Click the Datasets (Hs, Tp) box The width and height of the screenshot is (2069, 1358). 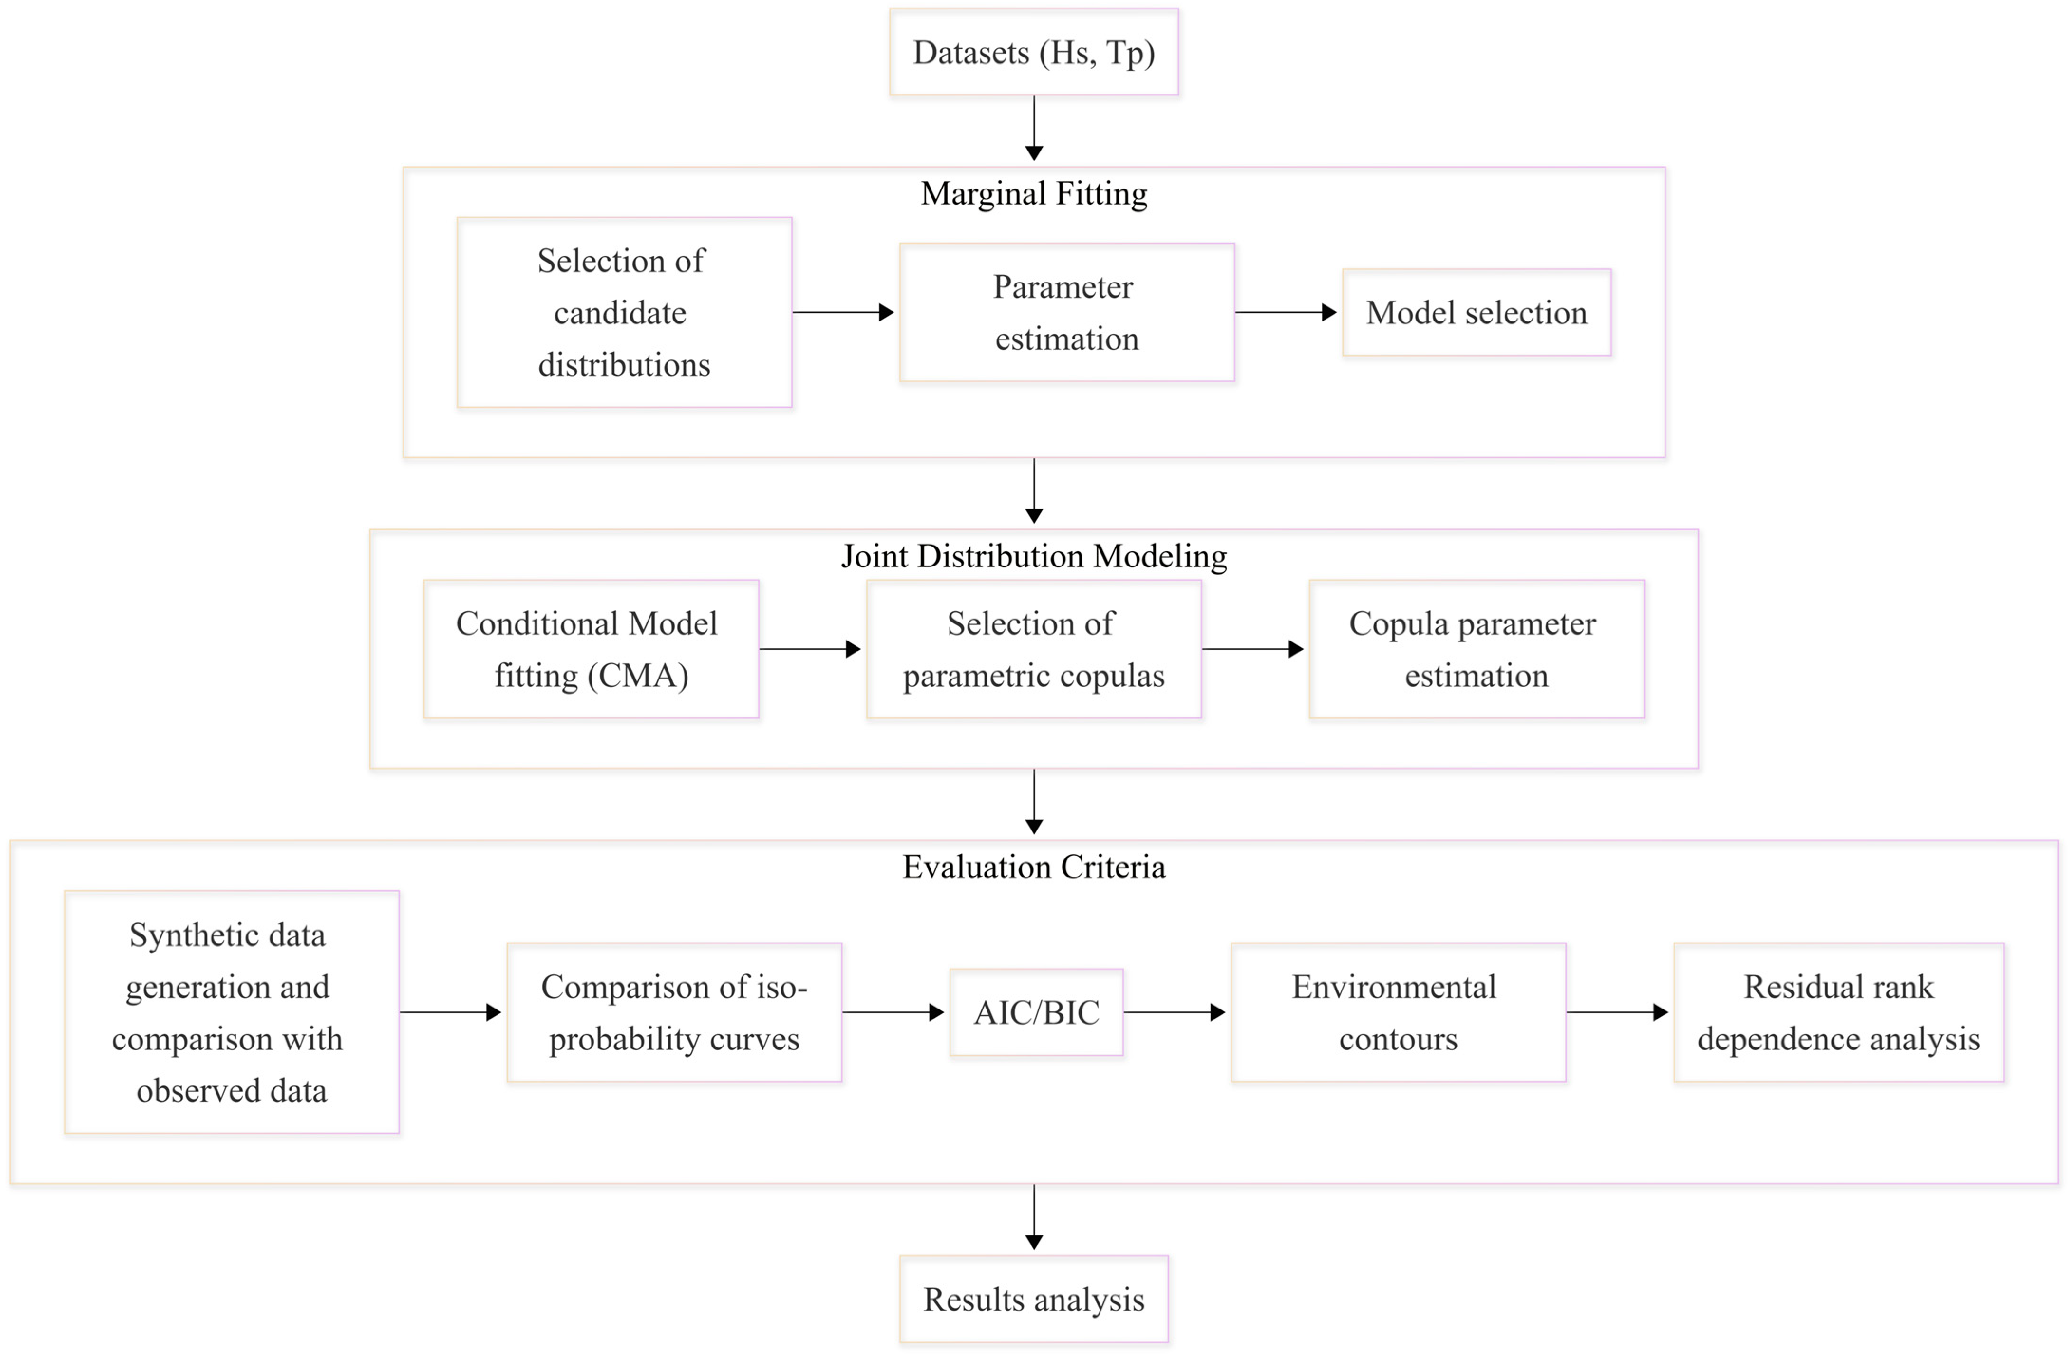pos(1034,52)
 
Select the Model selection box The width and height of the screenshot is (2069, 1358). pos(1476,312)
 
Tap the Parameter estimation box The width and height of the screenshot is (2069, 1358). pos(1067,312)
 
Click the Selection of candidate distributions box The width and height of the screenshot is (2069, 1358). pos(624,312)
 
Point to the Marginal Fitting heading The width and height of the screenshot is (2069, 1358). pos(1034,193)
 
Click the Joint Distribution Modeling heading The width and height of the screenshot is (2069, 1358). pos(1034,556)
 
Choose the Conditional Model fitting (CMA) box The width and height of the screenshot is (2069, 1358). pos(591,649)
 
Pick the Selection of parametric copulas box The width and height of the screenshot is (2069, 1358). pos(1034,649)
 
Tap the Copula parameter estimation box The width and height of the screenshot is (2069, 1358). pos(1476,649)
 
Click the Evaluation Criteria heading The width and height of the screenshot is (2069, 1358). pos(1034,867)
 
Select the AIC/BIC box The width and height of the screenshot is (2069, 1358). pos(1036,1012)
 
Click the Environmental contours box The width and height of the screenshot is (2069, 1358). pos(1398,1012)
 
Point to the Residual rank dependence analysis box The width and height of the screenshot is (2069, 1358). pos(1839,1012)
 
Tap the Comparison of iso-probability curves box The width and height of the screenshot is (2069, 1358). pos(675,1012)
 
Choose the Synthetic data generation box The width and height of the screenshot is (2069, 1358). pos(231,1012)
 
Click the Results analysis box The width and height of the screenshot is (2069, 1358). pos(1034,1299)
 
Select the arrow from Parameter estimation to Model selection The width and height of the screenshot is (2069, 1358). pos(1286,312)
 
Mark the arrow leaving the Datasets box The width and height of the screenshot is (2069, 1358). pos(1034,128)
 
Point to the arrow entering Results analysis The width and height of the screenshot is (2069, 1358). pos(1034,1217)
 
